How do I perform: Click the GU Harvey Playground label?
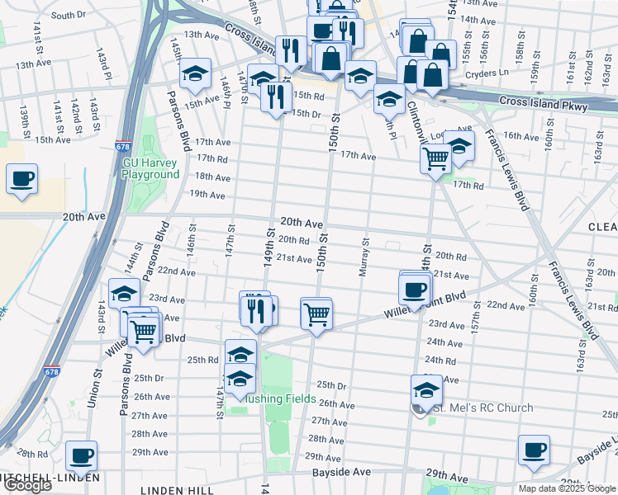click(150, 168)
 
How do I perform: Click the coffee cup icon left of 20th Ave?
click(22, 178)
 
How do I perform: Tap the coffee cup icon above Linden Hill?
click(82, 455)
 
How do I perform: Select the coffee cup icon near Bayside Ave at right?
click(534, 450)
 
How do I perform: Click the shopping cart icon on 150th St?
click(316, 313)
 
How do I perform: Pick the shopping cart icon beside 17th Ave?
click(435, 156)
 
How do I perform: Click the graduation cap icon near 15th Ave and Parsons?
click(195, 74)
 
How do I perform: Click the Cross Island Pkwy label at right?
click(543, 106)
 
